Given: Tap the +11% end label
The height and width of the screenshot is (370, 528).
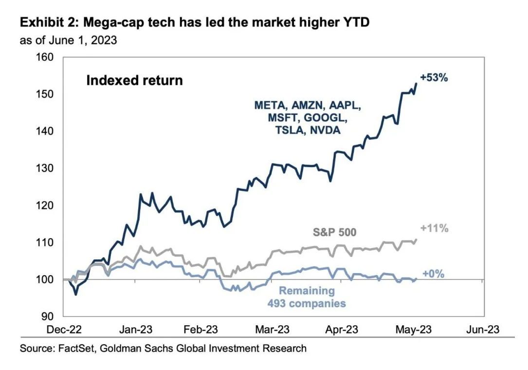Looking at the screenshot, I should coord(435,228).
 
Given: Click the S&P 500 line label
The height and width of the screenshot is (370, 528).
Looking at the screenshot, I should coord(334,232).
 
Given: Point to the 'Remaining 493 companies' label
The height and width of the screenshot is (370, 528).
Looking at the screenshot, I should coord(307,297).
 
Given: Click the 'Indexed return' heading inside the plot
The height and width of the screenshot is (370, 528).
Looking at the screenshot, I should coord(134,80).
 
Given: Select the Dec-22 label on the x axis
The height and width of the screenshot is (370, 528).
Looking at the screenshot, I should coord(64,330).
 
